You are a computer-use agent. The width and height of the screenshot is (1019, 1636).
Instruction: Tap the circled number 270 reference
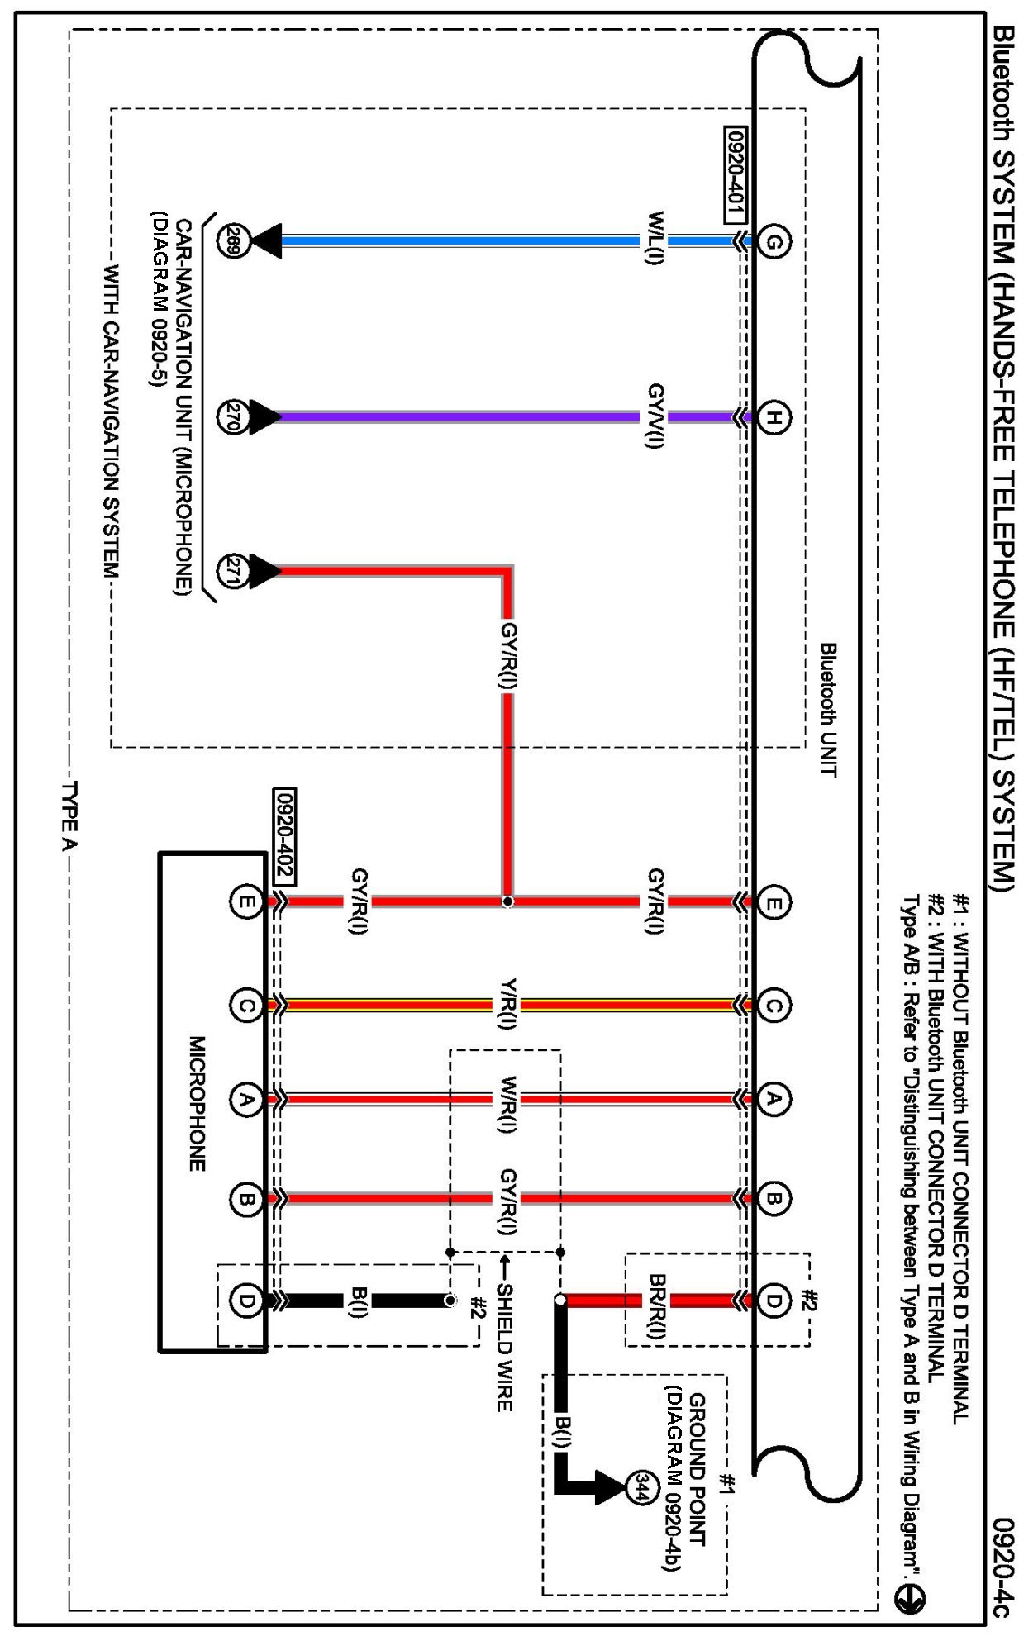click(232, 416)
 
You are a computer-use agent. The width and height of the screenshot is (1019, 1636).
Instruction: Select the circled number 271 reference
click(232, 571)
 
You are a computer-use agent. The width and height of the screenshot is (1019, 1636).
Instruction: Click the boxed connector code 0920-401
click(735, 175)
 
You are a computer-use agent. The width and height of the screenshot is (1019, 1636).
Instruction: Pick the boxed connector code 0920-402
click(283, 835)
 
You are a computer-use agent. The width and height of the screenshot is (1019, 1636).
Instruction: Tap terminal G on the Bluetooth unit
click(774, 241)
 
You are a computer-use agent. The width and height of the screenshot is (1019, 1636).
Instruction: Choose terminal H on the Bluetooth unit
click(774, 417)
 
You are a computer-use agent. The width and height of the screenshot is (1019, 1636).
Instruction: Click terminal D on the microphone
click(245, 1301)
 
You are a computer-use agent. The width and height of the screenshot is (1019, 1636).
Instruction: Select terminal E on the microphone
click(245, 901)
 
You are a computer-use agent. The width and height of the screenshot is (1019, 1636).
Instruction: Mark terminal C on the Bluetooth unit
click(774, 1006)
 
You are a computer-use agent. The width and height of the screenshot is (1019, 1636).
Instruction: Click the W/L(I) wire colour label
click(655, 238)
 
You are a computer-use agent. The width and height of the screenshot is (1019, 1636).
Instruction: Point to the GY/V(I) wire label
click(655, 416)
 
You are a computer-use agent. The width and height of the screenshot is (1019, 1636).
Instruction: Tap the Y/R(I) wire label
click(507, 1004)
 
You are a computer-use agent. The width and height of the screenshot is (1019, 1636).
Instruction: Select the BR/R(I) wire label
click(656, 1305)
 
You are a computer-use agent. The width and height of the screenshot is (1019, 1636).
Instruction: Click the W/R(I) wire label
click(507, 1104)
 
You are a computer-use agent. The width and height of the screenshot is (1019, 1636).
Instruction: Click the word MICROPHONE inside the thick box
click(197, 1103)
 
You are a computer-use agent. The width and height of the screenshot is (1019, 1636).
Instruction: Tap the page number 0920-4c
click(1002, 1567)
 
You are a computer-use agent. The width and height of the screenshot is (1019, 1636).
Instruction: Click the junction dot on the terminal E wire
click(507, 901)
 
